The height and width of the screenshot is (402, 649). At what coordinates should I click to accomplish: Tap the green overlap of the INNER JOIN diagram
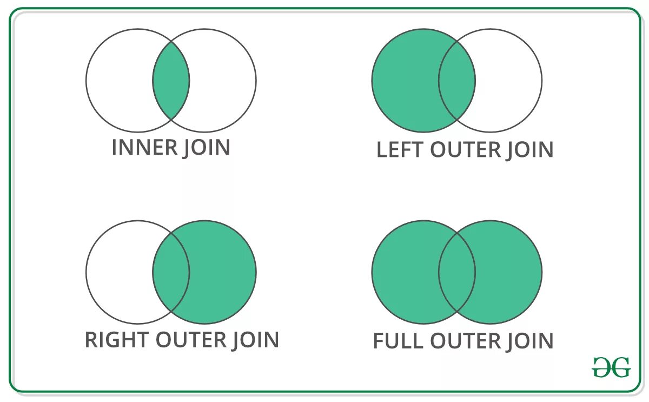click(171, 81)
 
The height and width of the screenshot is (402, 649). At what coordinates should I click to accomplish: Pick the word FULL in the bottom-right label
click(399, 341)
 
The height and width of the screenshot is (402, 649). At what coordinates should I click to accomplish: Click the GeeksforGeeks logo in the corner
click(611, 367)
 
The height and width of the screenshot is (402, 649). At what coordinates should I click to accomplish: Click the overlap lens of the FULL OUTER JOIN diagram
click(457, 272)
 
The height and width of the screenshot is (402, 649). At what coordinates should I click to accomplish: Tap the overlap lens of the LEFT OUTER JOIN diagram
click(457, 81)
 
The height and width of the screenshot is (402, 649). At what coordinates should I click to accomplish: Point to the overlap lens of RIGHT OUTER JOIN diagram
click(171, 272)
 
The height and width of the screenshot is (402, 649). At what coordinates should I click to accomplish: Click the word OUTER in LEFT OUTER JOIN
click(465, 150)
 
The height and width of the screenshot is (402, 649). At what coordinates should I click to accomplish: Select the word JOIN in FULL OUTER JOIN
click(530, 341)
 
